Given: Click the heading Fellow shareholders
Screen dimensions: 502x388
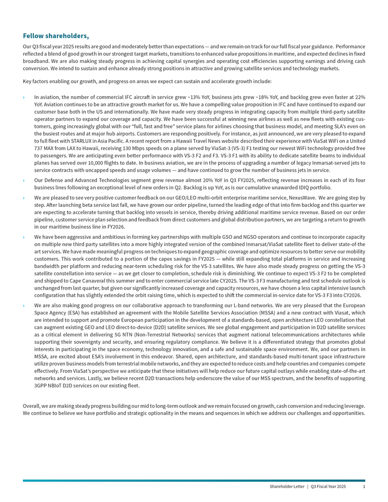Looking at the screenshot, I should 56,36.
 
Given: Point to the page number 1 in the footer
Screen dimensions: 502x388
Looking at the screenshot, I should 364,487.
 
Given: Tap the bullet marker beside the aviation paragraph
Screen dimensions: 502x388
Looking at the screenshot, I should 24,97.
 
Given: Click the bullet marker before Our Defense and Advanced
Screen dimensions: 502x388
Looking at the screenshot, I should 24,180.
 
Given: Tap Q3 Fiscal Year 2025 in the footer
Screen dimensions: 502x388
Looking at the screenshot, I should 328,487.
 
